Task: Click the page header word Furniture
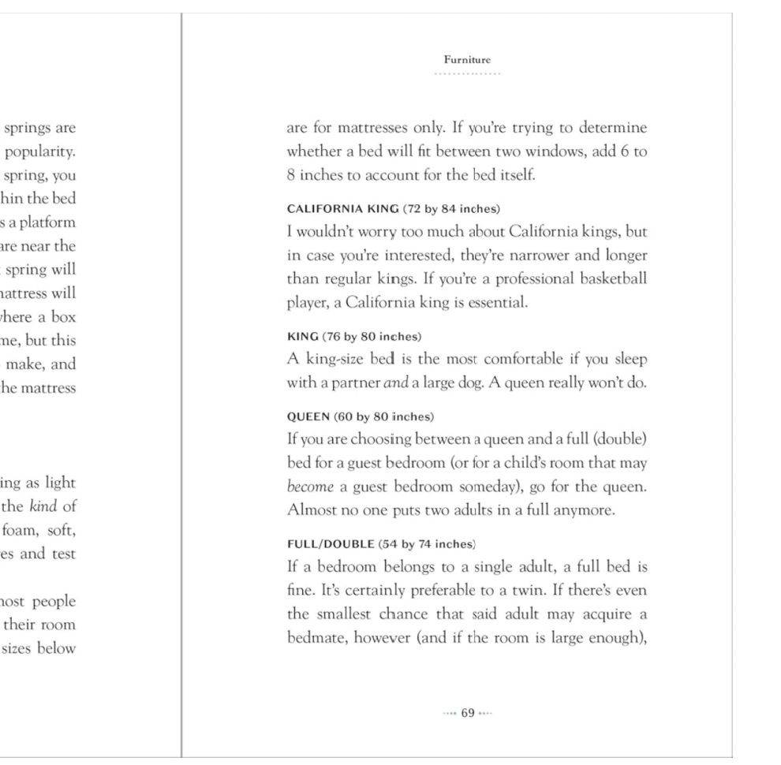tap(467, 58)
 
